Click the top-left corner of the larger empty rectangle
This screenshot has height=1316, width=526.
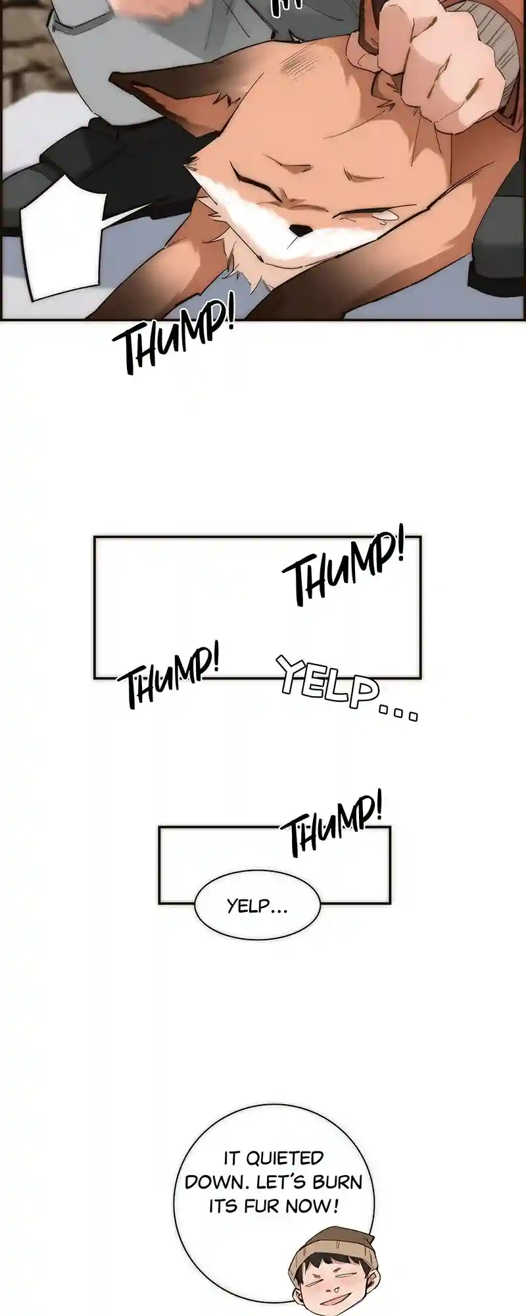tap(95, 538)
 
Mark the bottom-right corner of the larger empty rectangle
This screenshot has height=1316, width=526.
tap(420, 677)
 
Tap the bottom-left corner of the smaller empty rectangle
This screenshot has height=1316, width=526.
tap(159, 903)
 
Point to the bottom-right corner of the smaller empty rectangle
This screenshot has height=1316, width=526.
tap(390, 903)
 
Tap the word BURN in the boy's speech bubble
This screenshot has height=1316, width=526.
tap(337, 1182)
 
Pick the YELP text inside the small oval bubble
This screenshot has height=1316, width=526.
tap(256, 906)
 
